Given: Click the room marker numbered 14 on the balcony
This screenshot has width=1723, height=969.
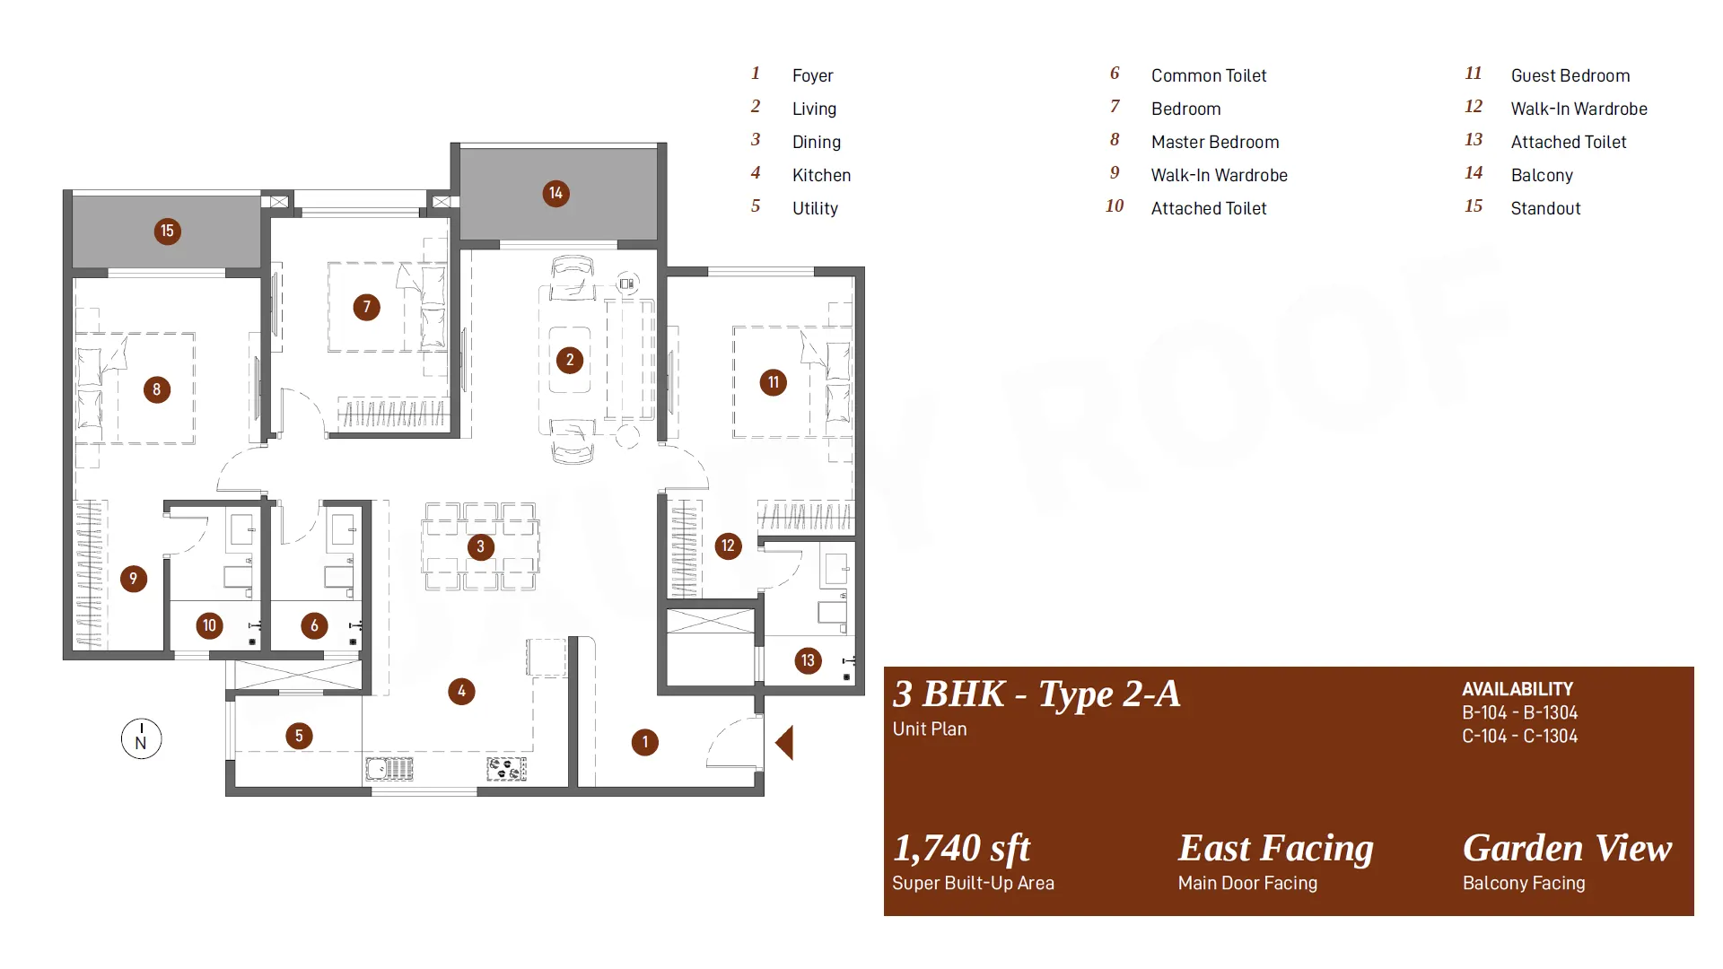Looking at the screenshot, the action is point(555,194).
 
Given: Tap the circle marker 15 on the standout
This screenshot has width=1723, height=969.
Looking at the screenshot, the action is point(167,231).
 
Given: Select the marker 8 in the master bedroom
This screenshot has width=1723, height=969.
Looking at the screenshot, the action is point(157,389).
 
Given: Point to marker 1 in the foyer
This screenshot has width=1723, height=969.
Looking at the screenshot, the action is point(645,742).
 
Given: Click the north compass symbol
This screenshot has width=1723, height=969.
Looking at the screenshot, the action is point(142,738).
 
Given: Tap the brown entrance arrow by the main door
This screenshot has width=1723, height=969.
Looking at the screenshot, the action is point(784,743).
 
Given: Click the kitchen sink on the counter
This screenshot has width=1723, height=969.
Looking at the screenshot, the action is point(389,769).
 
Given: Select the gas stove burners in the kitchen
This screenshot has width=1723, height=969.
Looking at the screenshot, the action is point(507,769).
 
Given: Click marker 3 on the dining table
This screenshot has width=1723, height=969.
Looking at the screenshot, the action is point(481,546).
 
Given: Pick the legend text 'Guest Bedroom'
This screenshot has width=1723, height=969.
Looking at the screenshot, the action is point(1570,75).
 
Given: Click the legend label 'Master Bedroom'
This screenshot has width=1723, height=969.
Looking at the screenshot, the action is point(1215,142).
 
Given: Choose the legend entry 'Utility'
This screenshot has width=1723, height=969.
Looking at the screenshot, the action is point(815,208).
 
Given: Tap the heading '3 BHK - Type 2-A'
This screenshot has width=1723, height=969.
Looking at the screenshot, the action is point(1036,694).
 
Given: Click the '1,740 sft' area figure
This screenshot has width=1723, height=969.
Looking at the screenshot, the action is point(961,848).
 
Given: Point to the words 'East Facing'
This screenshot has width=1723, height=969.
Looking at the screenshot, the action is point(1275,848).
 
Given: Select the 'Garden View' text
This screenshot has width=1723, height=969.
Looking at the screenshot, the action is point(1567,848).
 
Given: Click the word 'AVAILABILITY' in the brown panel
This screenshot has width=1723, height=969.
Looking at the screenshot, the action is point(1517,689).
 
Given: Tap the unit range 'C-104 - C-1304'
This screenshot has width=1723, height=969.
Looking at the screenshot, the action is point(1520,736).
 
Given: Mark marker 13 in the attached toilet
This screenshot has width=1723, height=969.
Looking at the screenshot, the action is point(808,661).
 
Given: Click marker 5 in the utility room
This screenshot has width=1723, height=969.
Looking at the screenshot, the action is point(300,736).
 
